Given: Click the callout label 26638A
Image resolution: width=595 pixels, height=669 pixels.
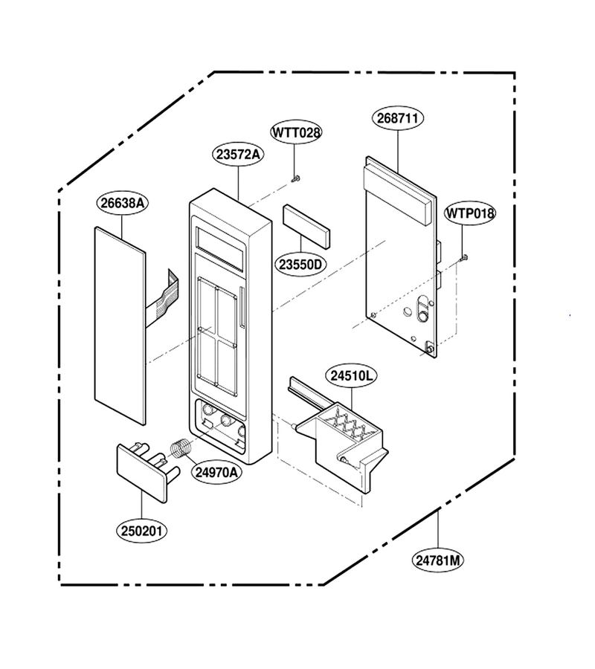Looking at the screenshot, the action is tap(123, 203).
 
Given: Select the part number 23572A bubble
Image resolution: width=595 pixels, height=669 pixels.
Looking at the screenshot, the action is tap(238, 155).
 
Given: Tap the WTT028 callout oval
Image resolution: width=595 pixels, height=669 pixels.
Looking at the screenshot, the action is tap(296, 132).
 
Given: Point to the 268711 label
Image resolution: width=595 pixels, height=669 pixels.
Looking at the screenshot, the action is tap(398, 118).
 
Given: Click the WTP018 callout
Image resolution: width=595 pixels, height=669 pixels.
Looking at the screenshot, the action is tap(469, 213).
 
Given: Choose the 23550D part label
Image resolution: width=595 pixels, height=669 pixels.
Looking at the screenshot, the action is tap(300, 265).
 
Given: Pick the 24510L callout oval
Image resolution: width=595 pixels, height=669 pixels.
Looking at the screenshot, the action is tap(352, 376).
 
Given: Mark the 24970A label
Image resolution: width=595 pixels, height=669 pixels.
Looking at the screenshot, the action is tap(216, 472).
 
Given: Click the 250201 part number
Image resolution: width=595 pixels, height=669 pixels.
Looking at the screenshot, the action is tap(141, 531).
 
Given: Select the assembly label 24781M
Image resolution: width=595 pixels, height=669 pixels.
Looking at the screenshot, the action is tap(438, 560).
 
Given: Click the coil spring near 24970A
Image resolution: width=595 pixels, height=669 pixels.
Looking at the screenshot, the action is tap(180, 448).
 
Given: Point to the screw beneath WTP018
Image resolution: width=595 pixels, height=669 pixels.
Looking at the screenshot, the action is tap(464, 257).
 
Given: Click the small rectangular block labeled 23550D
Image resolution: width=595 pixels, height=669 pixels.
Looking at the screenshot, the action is tap(306, 226).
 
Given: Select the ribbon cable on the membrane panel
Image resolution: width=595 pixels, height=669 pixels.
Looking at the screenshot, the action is tap(163, 300).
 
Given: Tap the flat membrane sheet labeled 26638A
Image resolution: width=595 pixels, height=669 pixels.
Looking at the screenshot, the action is tap(120, 326).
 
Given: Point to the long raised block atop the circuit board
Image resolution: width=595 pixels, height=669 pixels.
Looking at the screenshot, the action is tap(399, 195).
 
